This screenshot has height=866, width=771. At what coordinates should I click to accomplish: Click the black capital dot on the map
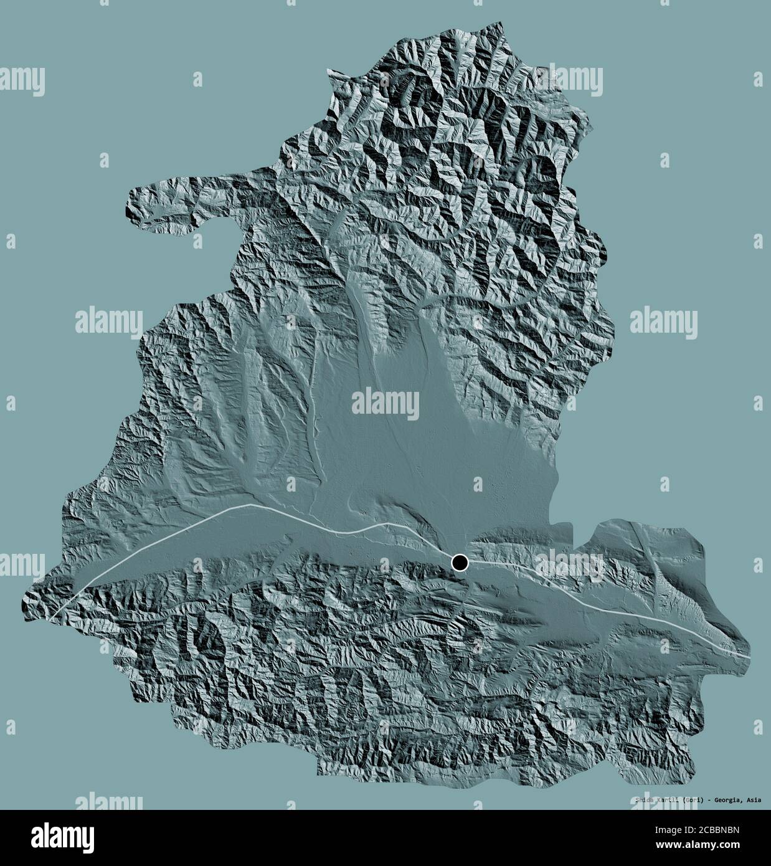coord(460,563)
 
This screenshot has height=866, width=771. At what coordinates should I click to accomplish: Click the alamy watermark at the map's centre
coord(385,402)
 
